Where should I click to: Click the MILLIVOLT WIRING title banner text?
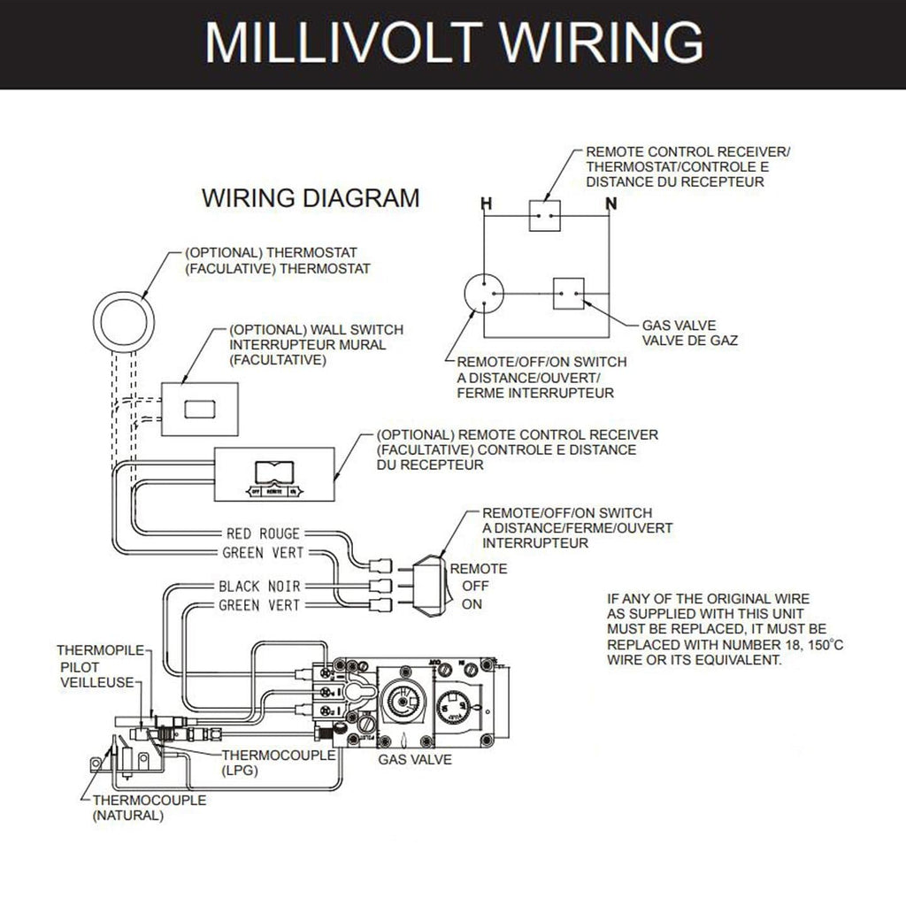point(453,42)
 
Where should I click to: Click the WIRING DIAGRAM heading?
point(311,196)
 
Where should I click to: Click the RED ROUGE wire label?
point(263,534)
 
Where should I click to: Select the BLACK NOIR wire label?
point(259,587)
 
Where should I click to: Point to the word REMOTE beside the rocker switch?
point(479,569)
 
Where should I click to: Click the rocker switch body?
point(427,584)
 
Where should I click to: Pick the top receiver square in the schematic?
point(546,215)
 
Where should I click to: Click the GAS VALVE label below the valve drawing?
point(415,759)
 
